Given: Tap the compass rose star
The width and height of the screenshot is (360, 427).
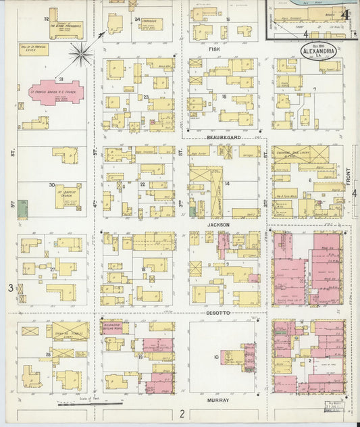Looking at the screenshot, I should point(81,53).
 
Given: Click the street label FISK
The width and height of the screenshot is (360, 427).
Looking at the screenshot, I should point(215,49).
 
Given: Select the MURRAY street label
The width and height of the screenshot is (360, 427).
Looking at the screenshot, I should point(220,400).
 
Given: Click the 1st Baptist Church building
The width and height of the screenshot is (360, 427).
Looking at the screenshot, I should point(68,197).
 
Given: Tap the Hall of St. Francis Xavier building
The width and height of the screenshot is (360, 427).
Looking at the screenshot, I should point(33,49).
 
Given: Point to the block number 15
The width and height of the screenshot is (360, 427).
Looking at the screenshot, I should point(224,97).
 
